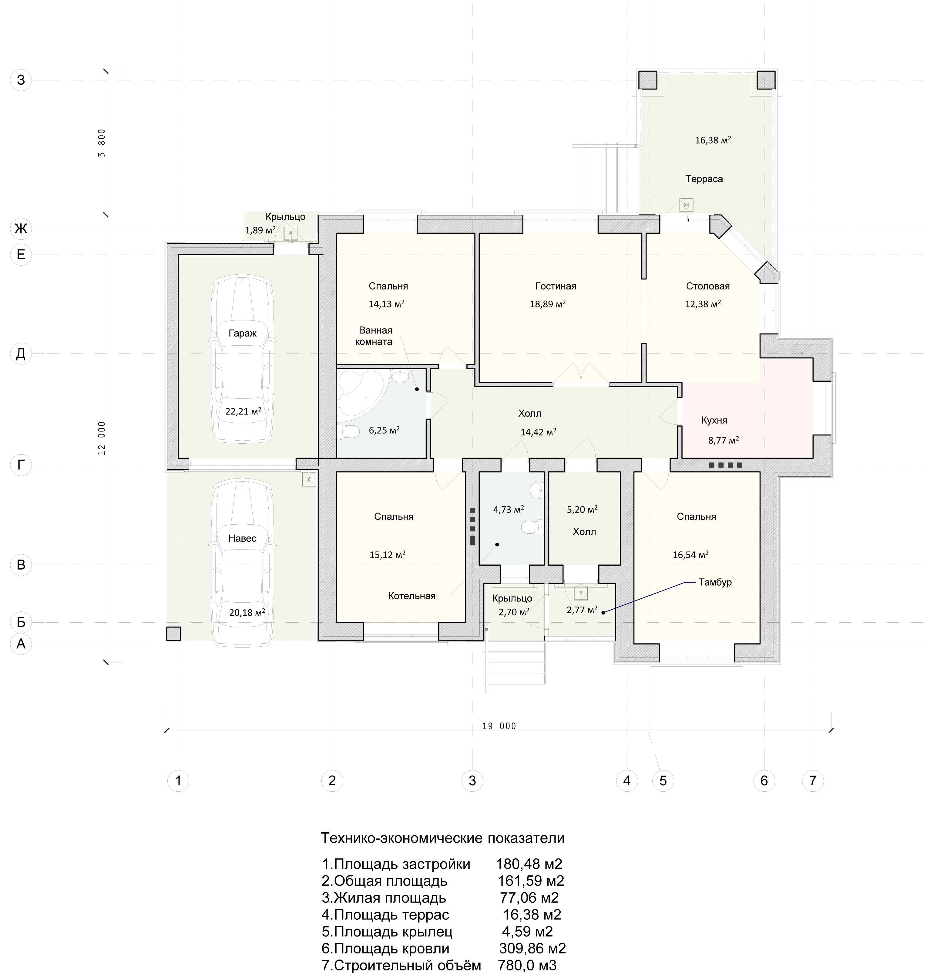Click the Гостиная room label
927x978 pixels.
coord(556,286)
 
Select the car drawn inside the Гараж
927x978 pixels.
coord(242,360)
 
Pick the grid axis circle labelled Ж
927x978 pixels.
coord(21,228)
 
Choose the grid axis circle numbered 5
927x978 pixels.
coord(663,781)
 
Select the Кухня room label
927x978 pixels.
coord(714,420)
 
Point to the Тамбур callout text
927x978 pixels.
coord(715,582)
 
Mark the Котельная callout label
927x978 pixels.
coord(411,596)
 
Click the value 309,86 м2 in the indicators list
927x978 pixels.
coord(532,948)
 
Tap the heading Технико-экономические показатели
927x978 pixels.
coord(443,838)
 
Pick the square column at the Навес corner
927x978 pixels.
coord(173,634)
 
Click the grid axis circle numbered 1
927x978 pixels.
coord(178,781)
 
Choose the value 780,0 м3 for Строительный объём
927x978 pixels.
coord(527,965)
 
